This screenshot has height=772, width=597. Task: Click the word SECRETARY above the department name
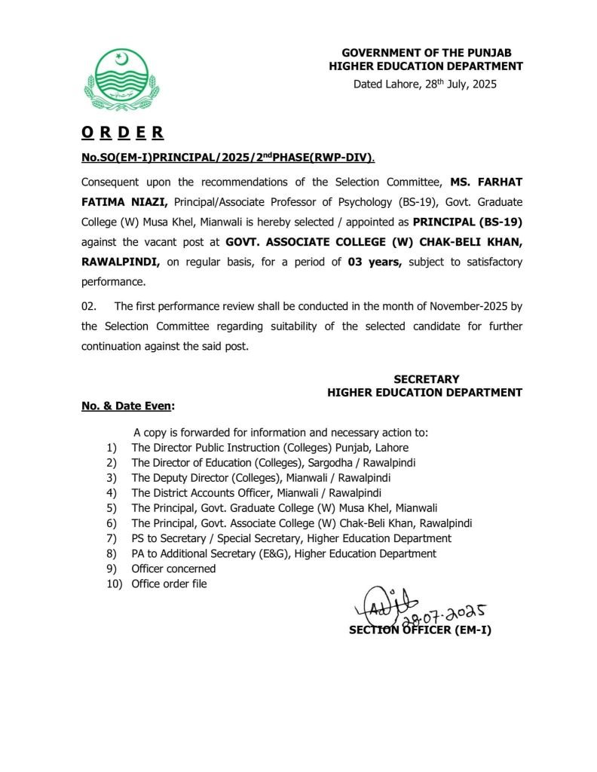(426, 378)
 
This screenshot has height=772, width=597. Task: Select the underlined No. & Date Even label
(127, 406)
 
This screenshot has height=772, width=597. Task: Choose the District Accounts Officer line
(253, 493)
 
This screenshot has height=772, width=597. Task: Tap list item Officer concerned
(173, 568)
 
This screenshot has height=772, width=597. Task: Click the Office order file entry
(169, 584)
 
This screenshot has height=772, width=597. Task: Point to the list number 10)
(114, 584)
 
